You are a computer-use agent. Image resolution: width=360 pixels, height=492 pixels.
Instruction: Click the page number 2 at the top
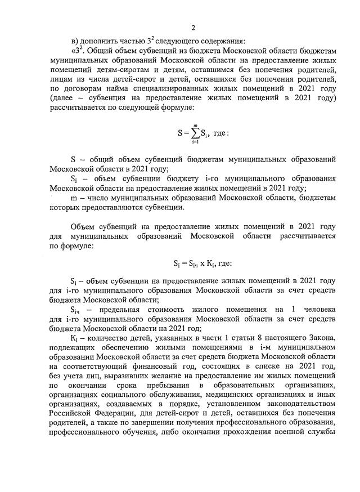193,28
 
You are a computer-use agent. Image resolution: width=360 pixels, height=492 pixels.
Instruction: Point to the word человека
315,309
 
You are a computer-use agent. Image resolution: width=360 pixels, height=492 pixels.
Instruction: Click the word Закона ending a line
321,338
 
